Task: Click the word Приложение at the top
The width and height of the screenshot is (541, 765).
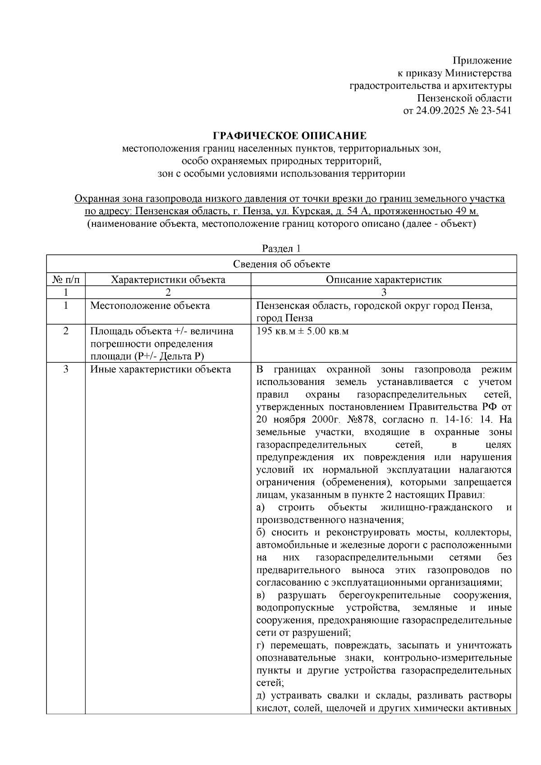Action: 482,60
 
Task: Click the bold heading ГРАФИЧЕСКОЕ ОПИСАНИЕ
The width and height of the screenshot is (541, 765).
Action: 289,136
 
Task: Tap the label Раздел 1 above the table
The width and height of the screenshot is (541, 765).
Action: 281,248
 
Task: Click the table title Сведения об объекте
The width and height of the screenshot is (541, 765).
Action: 281,264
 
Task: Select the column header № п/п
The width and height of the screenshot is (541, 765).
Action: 66,279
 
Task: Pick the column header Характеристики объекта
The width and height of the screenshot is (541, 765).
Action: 168,279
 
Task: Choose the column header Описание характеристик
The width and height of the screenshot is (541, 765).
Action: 384,279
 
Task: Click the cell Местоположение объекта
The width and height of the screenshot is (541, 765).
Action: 150,306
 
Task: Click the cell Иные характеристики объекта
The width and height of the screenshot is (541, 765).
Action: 160,370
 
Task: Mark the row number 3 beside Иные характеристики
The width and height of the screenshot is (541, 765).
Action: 66,370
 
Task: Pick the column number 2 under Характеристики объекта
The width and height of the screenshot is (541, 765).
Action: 168,292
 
